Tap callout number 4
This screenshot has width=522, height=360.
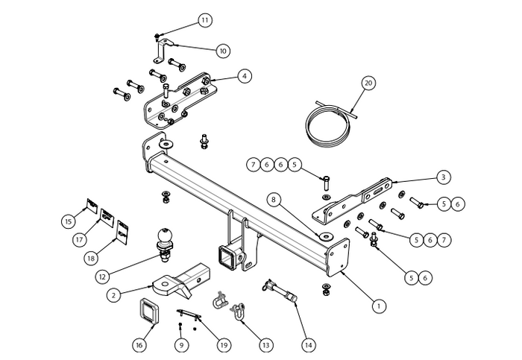(x=244, y=76)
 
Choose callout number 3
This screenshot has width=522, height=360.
(x=443, y=177)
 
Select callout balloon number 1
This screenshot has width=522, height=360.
(x=378, y=305)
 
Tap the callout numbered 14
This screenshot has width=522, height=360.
(x=309, y=344)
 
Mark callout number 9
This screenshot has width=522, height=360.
(x=180, y=344)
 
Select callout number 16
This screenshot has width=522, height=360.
(x=139, y=344)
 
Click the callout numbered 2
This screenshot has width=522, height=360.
(x=113, y=295)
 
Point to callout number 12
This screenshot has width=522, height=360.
(x=103, y=276)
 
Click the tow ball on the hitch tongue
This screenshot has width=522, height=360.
(x=166, y=239)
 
